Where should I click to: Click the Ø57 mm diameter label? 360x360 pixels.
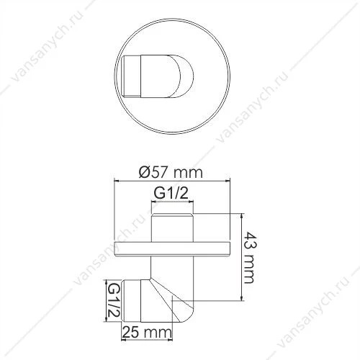[171, 172]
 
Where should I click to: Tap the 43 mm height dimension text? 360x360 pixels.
[248, 258]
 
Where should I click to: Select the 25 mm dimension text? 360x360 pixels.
[147, 333]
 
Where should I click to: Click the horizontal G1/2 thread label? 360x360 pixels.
[171, 194]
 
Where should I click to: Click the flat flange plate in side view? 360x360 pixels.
[172, 249]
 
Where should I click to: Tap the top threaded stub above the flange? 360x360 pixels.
[172, 228]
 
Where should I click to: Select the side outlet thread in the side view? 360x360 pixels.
[132, 301]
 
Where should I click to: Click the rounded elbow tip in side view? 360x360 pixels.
[185, 312]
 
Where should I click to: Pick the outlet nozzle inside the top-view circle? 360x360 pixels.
[158, 76]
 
